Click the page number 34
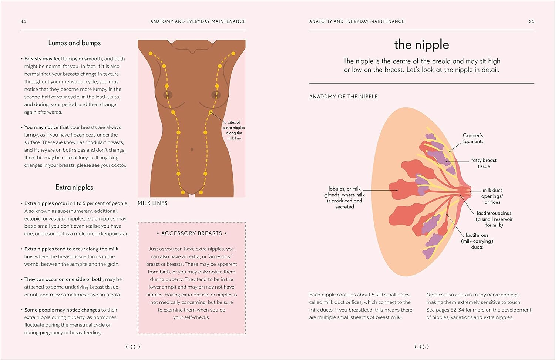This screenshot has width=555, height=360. click(23, 21)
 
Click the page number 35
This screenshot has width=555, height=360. click(531, 21)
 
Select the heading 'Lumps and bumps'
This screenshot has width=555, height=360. click(74, 43)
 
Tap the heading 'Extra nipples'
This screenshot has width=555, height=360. click(74, 188)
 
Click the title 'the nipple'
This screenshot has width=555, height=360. click(421, 45)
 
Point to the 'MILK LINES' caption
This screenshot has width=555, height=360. click(152, 203)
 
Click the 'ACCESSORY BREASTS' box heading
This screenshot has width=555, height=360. click(192, 233)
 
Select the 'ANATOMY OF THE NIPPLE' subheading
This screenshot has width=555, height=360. click(343, 97)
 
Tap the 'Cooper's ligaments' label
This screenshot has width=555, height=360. click(472, 138)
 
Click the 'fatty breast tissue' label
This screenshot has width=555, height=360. click(484, 163)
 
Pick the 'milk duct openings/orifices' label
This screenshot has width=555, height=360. click(492, 196)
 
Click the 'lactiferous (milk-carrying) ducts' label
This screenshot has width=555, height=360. click(477, 241)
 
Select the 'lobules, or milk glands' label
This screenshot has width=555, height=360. click(344, 198)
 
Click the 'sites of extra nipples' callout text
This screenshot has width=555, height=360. click(234, 130)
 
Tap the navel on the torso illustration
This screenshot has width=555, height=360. click(192, 149)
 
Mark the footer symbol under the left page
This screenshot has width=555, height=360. click(133, 347)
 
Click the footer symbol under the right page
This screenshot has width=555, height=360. click(421, 347)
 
